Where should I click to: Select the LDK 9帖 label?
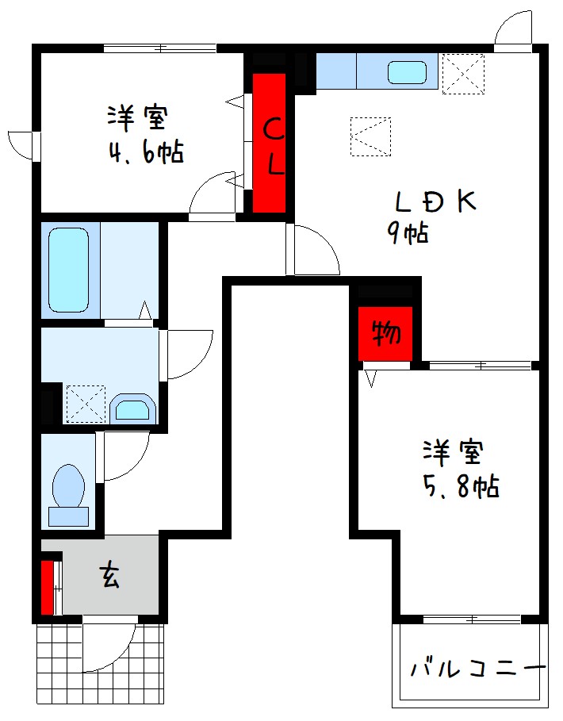[432, 214]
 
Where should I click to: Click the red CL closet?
[270, 143]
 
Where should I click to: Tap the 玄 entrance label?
[109, 575]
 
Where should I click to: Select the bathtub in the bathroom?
[68, 270]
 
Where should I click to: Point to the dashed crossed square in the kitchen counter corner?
[462, 73]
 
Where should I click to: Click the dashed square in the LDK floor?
[370, 136]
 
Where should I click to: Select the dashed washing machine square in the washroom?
[85, 403]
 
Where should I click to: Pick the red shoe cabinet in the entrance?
[48, 587]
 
